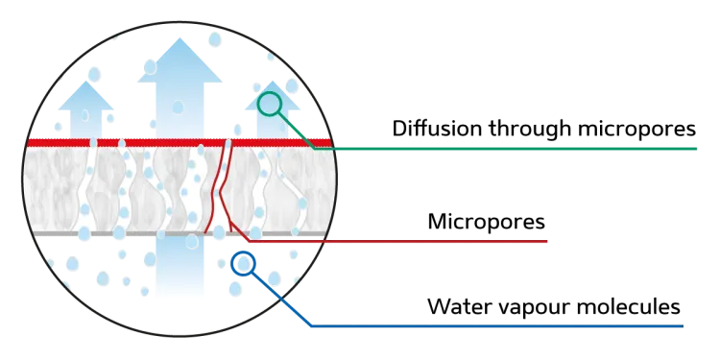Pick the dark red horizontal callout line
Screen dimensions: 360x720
click(403, 241)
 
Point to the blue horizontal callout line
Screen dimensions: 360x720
click(499, 327)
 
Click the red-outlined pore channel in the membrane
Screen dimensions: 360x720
click(221, 187)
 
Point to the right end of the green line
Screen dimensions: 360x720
click(697, 150)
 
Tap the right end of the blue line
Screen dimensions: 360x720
click(682, 327)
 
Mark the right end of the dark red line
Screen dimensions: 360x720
click(551, 241)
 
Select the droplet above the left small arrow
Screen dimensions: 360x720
click(93, 73)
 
